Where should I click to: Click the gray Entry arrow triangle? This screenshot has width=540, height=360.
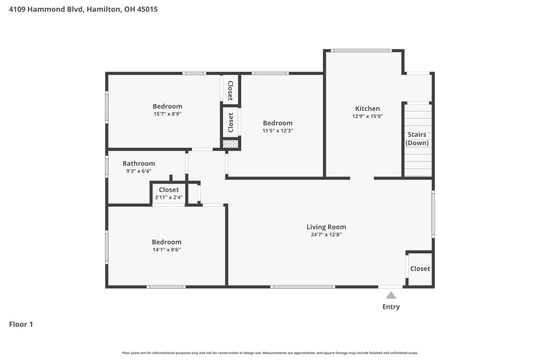pos(391,296)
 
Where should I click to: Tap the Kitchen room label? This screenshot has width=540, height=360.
pos(368,108)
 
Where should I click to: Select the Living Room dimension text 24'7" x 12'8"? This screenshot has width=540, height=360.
pos(326,235)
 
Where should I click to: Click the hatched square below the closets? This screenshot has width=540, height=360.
pos(230,144)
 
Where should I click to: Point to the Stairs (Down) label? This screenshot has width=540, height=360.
pos(417,139)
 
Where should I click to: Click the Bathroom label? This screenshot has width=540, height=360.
pos(139,163)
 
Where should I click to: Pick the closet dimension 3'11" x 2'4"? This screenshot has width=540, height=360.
pos(169,198)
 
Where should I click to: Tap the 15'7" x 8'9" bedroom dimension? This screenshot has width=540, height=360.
pos(167,114)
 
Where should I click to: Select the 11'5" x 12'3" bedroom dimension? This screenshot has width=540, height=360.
pos(278,131)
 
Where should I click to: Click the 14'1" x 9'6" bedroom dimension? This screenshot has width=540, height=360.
pos(167,249)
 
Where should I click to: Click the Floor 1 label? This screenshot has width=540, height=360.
pos(21,324)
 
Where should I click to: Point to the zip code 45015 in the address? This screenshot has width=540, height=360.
pos(148,9)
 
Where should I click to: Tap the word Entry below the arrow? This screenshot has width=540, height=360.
pos(391,307)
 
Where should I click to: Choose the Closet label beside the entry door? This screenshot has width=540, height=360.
pos(420,269)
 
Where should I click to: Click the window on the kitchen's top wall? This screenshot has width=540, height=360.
pos(361,51)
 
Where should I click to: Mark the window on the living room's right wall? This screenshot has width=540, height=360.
pos(433,214)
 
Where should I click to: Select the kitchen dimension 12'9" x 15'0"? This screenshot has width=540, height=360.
pos(368,116)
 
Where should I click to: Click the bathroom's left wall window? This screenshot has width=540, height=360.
pos(107,167)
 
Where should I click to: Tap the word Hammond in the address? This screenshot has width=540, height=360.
pos(42,9)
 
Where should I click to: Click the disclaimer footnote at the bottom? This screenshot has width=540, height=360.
pos(270,353)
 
